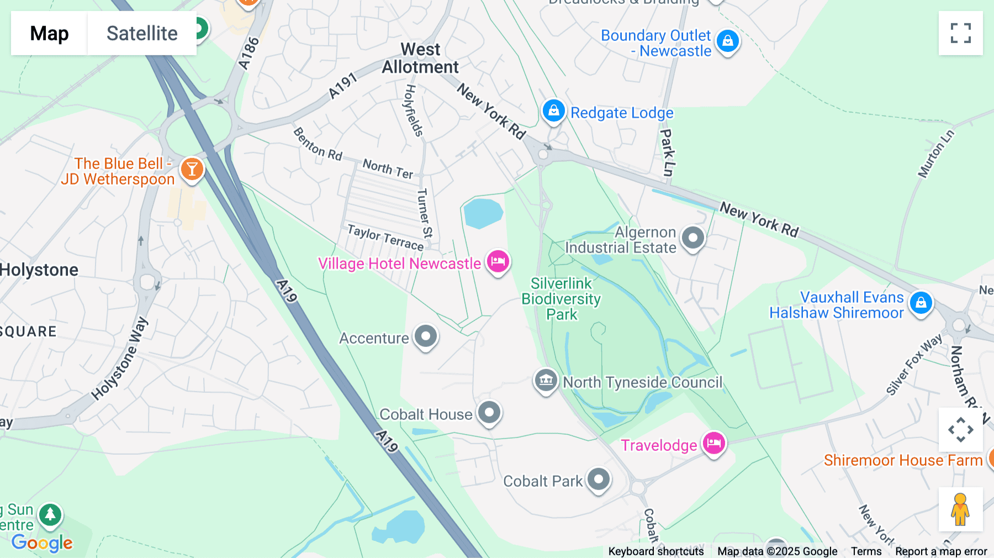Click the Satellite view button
click(142, 33)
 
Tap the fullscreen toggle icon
click(960, 33)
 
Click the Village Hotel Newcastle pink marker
click(498, 261)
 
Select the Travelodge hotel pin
click(713, 443)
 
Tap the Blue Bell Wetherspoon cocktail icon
click(192, 169)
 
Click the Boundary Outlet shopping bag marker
click(727, 41)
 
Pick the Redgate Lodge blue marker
click(553, 111)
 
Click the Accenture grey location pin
click(426, 336)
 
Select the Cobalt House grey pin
click(489, 412)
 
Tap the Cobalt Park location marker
click(599, 479)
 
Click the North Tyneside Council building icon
click(546, 380)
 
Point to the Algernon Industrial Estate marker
click(692, 238)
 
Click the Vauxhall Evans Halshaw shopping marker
click(921, 303)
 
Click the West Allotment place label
click(420, 58)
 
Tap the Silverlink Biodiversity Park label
click(561, 299)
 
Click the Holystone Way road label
click(119, 359)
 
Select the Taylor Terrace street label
click(385, 237)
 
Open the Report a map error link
click(940, 551)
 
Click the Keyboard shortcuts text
click(655, 551)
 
